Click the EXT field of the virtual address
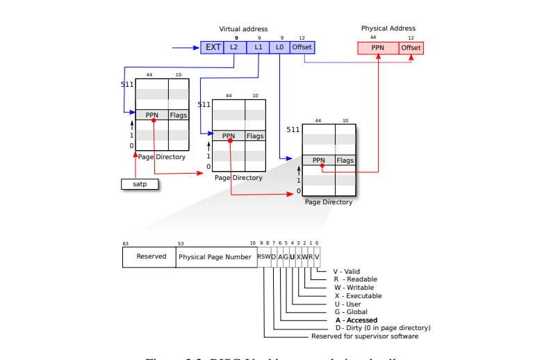click(x=212, y=47)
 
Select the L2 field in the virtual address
click(x=234, y=47)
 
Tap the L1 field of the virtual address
click(x=258, y=47)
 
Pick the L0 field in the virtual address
click(x=280, y=47)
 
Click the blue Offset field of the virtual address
click(x=302, y=47)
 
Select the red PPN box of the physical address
click(x=378, y=48)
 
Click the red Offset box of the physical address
click(x=411, y=48)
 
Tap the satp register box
click(x=140, y=184)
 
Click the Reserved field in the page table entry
click(x=151, y=256)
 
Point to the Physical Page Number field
click(x=215, y=256)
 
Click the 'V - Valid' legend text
click(x=347, y=272)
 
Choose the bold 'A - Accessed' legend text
click(x=356, y=320)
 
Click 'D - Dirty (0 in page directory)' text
click(x=382, y=328)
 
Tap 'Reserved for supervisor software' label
click(x=365, y=336)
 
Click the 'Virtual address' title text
click(x=243, y=29)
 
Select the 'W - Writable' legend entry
click(x=354, y=288)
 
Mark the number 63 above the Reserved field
click(x=126, y=244)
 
